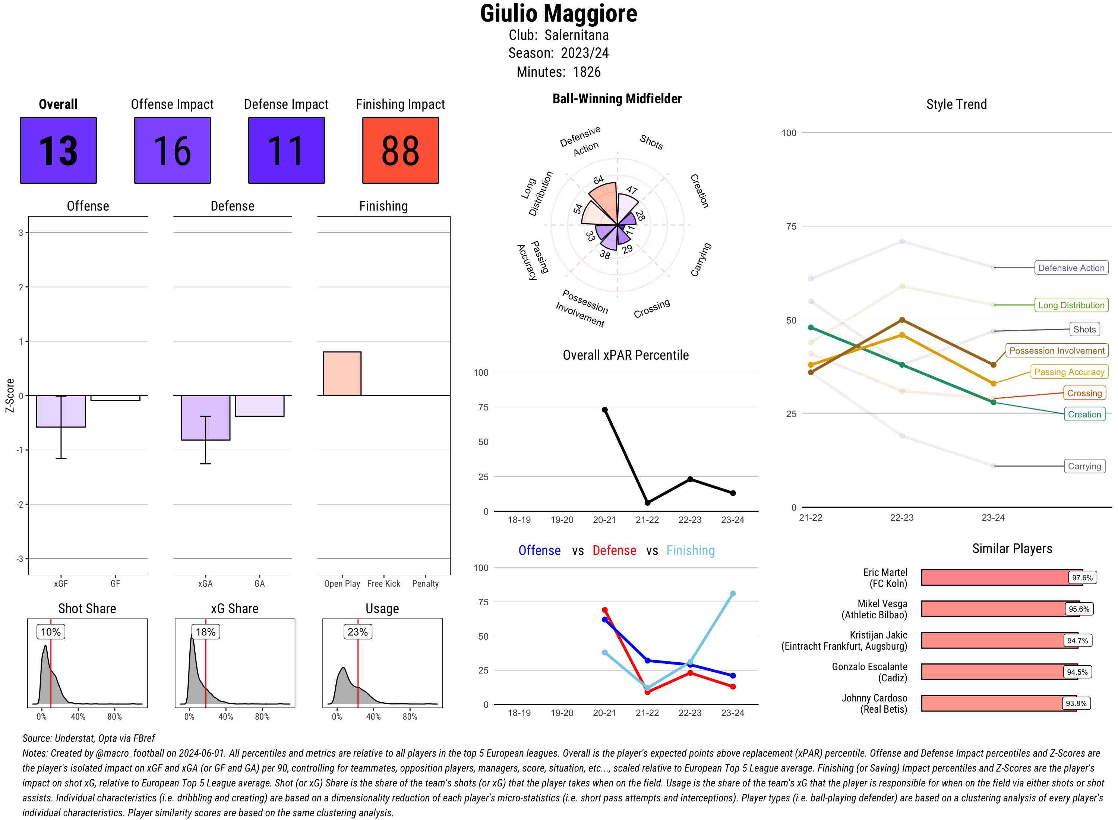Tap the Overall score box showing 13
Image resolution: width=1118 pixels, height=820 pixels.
[58, 151]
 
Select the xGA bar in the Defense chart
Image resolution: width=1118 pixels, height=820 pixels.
[205, 417]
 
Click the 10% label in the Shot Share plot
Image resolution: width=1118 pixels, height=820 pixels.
[51, 632]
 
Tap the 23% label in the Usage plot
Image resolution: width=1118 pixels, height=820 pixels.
[357, 632]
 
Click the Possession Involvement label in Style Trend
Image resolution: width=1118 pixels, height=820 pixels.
[1057, 350]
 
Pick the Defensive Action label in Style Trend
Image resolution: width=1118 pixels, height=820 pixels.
[1071, 268]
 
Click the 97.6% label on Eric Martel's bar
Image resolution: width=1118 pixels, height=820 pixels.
[1082, 578]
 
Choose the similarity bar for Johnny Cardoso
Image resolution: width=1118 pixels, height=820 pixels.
[998, 703]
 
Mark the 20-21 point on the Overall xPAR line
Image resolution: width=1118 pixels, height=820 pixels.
[604, 410]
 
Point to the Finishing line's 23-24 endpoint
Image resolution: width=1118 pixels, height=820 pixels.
[732, 594]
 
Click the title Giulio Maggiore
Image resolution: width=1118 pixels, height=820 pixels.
[558, 13]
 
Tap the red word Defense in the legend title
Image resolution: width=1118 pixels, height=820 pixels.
[614, 551]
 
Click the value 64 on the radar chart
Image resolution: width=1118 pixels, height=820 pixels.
[599, 180]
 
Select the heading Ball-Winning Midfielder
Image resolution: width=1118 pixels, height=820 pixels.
[617, 99]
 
